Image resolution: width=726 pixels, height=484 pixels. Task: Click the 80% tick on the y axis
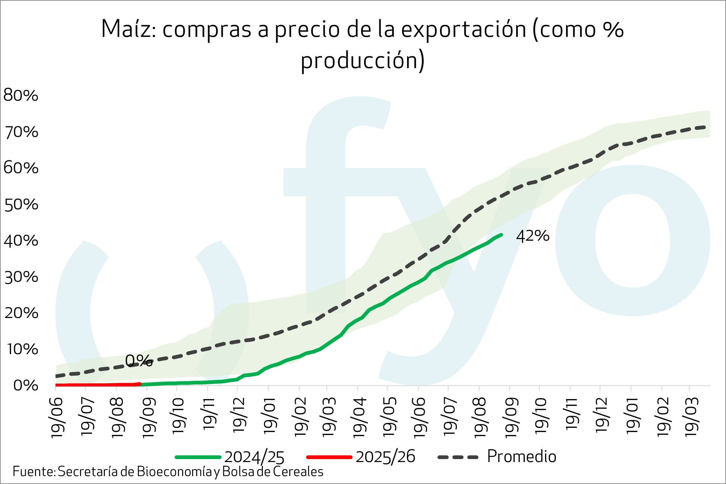pyautogui.click(x=21, y=96)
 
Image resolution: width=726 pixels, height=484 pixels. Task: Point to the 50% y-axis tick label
pyautogui.click(x=21, y=205)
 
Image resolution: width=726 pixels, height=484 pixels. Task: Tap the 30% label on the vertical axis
pyautogui.click(x=21, y=277)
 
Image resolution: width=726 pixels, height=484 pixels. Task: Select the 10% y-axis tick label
pyautogui.click(x=21, y=349)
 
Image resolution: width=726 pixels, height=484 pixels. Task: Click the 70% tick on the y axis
pyautogui.click(x=21, y=132)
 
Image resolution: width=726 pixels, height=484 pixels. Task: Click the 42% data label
pyautogui.click(x=532, y=236)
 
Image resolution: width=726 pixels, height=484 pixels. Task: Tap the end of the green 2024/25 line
pyautogui.click(x=501, y=235)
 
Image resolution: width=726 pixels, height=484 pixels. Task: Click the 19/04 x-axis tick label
pyautogui.click(x=359, y=417)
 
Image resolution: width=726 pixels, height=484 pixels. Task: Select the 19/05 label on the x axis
pyautogui.click(x=389, y=417)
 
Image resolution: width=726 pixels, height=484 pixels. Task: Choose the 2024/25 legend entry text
pyautogui.click(x=254, y=457)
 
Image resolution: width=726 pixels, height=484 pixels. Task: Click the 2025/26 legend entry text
pyautogui.click(x=385, y=457)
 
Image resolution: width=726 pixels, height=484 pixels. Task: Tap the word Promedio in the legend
pyautogui.click(x=522, y=456)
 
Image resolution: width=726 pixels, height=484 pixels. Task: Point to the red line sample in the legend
pyautogui.click(x=329, y=457)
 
